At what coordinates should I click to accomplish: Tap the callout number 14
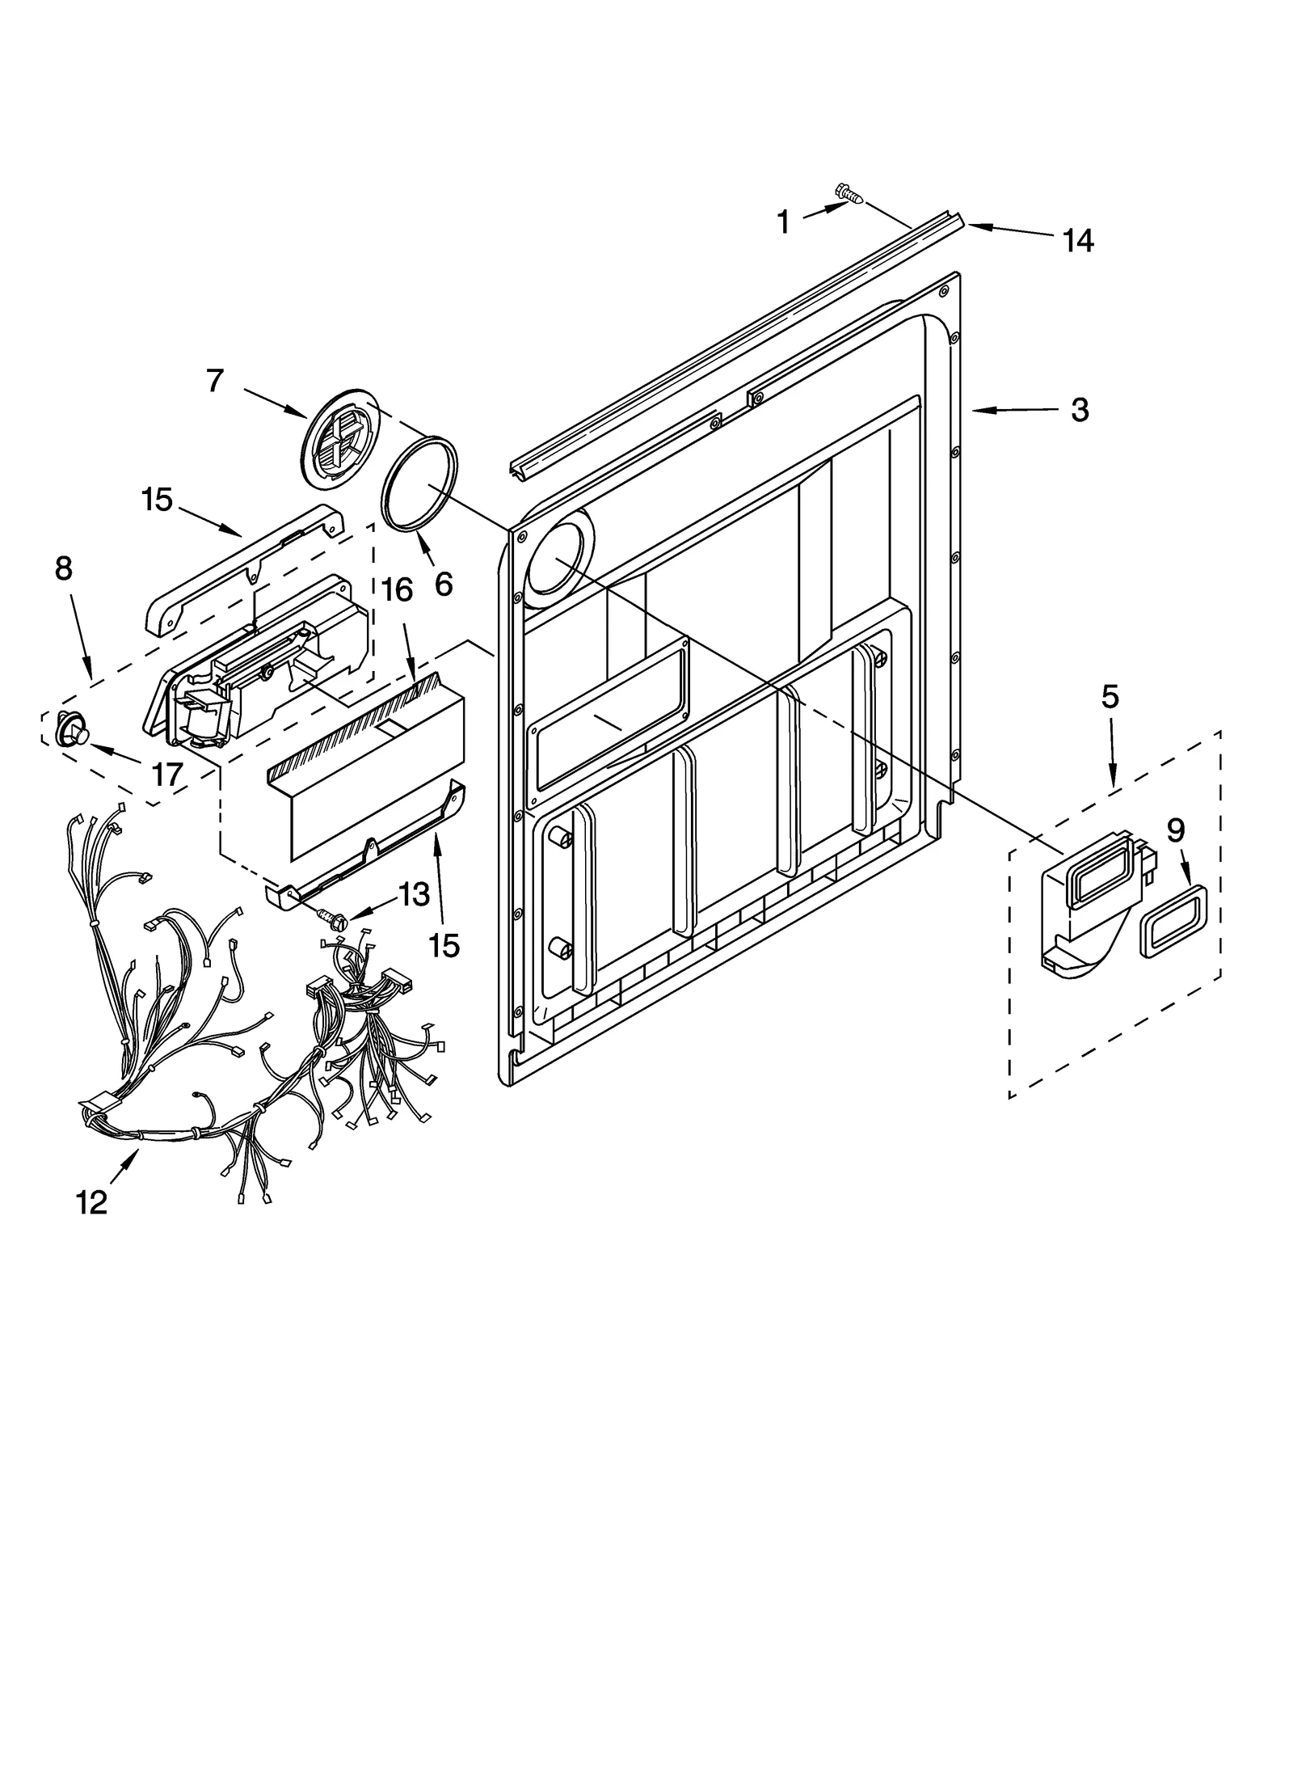1077,240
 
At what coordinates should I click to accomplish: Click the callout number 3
1080,410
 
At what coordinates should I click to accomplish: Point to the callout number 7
214,380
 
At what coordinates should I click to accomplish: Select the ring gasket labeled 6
419,484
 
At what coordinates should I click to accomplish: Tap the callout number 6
444,583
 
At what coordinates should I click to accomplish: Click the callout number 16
397,591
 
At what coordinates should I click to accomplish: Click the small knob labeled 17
70,731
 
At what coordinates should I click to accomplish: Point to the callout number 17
167,775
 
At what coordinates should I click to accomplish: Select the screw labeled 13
332,917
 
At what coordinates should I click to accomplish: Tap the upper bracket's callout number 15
157,500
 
